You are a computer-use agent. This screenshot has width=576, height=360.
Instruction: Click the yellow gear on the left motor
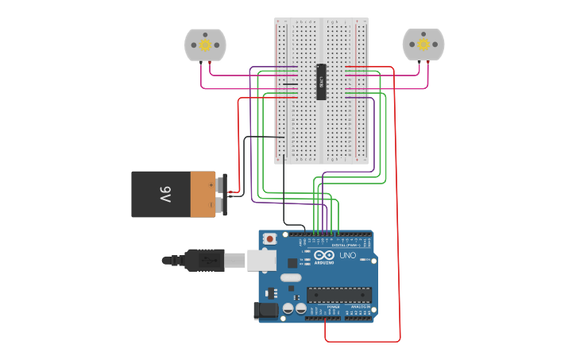[205, 45]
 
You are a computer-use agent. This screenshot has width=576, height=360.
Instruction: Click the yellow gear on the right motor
[423, 45]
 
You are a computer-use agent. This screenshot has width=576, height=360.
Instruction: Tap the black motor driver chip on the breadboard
[321, 82]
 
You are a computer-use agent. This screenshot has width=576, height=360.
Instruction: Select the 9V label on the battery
[164, 194]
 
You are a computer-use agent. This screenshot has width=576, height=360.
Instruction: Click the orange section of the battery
[202, 194]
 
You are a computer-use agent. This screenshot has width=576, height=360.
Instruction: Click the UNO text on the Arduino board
[348, 257]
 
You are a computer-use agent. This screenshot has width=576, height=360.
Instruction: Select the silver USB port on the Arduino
[261, 260]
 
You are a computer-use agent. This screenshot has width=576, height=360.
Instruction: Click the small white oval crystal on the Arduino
[290, 277]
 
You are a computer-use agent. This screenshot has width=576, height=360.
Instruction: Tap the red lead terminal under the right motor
[428, 63]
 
